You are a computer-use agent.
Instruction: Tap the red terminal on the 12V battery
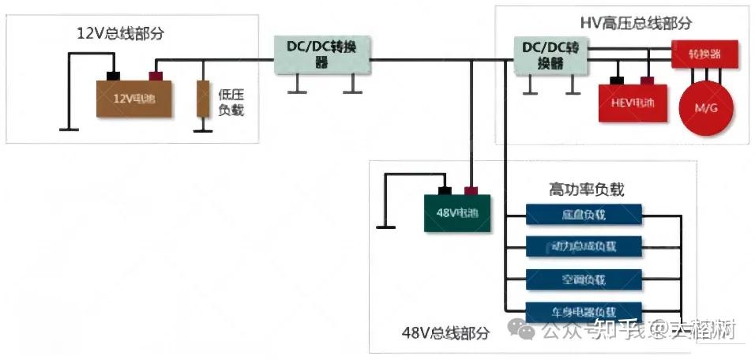click(x=156, y=77)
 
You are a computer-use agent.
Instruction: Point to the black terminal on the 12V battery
click(x=114, y=77)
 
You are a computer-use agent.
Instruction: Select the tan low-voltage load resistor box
click(x=203, y=99)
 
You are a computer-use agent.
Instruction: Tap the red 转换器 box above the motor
click(x=705, y=54)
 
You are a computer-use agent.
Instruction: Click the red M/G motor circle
click(x=706, y=107)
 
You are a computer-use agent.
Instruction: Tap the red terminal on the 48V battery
click(x=471, y=190)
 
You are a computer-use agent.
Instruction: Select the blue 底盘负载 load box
click(x=584, y=215)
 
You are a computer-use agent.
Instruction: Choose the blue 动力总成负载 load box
click(x=584, y=246)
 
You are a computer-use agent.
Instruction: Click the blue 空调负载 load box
click(x=584, y=279)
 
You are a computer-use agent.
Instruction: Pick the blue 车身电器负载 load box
click(x=584, y=311)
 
